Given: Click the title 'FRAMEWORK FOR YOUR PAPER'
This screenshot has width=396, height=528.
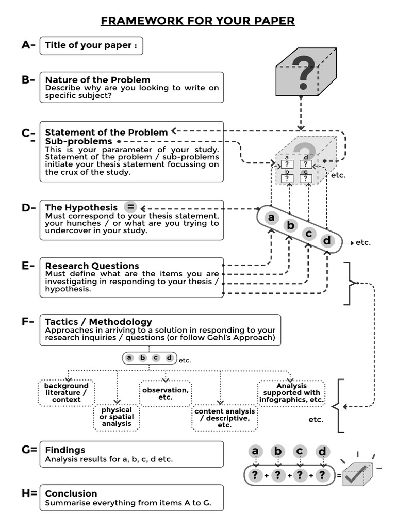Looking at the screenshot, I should pyautogui.click(x=197, y=21).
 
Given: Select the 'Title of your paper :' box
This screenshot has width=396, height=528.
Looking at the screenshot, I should pyautogui.click(x=91, y=45).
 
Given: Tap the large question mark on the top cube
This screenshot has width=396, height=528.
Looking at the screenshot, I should pyautogui.click(x=303, y=73).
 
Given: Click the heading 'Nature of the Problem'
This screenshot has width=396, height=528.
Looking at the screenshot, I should pyautogui.click(x=98, y=80).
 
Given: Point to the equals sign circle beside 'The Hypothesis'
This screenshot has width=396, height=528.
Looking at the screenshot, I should pyautogui.click(x=131, y=207).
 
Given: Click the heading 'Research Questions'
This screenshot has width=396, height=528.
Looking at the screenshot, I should pyautogui.click(x=92, y=266).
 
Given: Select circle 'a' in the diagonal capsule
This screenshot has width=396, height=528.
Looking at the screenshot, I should pyautogui.click(x=271, y=218).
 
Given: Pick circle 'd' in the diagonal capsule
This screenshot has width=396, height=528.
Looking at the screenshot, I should pyautogui.click(x=327, y=241).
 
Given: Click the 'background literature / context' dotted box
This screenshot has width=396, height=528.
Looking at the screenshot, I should pyautogui.click(x=67, y=393).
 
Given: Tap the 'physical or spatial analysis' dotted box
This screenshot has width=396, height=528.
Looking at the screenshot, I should pyautogui.click(x=117, y=417).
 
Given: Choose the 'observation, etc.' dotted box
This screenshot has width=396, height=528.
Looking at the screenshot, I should pyautogui.click(x=166, y=394).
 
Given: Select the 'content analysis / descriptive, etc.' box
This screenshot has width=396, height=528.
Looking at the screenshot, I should pyautogui.click(x=224, y=418).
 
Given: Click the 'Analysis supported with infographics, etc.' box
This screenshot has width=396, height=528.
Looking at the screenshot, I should pyautogui.click(x=292, y=393).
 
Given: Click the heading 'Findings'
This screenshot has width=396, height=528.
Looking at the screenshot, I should pyautogui.click(x=65, y=450).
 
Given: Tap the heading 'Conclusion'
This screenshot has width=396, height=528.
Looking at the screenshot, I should pyautogui.click(x=71, y=493).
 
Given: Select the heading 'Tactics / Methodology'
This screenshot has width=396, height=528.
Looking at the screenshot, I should pyautogui.click(x=98, y=322).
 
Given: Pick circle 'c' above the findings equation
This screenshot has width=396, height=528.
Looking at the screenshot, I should pyautogui.click(x=300, y=452).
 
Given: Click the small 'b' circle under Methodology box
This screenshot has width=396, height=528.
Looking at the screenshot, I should pyautogui.click(x=143, y=358).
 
